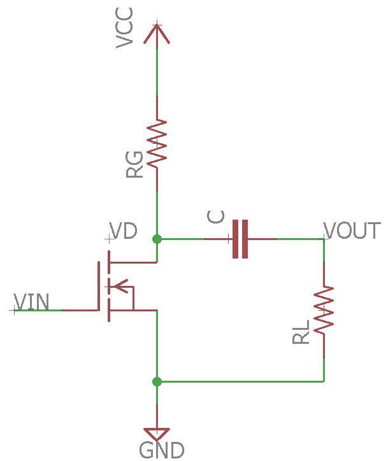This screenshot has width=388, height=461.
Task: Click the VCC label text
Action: tap(125, 29)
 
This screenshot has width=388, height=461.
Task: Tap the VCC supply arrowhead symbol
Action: tap(157, 33)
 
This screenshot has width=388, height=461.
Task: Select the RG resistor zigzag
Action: tap(157, 143)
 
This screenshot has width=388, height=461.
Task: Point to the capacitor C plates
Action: tap(240, 239)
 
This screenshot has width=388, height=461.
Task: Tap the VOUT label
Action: tap(352, 230)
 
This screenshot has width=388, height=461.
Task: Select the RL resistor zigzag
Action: tap(324, 310)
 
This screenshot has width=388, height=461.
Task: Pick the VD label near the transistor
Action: tap(123, 230)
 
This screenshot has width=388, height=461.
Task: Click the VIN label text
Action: tap(31, 301)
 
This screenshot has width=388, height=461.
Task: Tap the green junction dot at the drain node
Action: tap(157, 239)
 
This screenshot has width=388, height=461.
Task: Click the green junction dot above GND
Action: tap(157, 381)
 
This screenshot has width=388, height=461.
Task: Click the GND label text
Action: tap(162, 450)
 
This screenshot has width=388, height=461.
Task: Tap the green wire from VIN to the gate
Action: tap(38, 310)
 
